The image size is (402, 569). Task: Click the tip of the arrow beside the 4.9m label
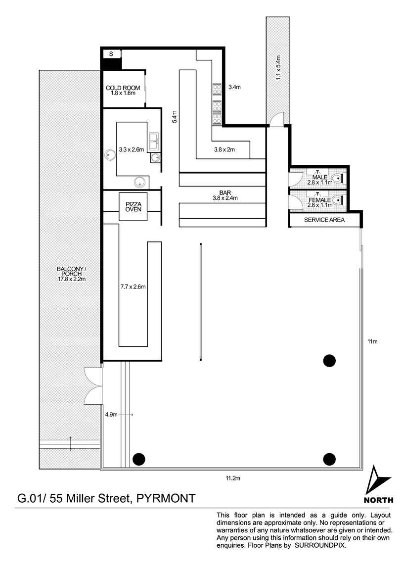pyautogui.click(x=134, y=415)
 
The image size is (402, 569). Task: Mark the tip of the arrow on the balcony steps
pyautogui.click(x=70, y=437)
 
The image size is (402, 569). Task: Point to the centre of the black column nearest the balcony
pyautogui.click(x=139, y=459)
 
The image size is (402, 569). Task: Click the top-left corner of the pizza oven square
pyautogui.click(x=119, y=192)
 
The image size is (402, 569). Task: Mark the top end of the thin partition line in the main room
pyautogui.click(x=200, y=243)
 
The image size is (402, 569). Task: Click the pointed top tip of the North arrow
pyautogui.click(x=373, y=465)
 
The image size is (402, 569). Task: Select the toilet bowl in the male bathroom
pyautogui.click(x=338, y=178)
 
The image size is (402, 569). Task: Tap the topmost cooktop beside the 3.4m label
pyautogui.click(x=217, y=89)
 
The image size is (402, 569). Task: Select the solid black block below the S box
pyautogui.click(x=111, y=64)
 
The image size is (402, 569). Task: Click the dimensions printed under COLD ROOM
pyautogui.click(x=123, y=93)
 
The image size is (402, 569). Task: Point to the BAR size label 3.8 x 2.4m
pyautogui.click(x=225, y=198)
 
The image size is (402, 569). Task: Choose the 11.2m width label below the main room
pyautogui.click(x=233, y=478)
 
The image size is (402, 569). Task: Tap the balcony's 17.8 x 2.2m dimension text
pyautogui.click(x=71, y=279)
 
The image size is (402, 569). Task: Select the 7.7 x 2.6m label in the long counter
pyautogui.click(x=133, y=286)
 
